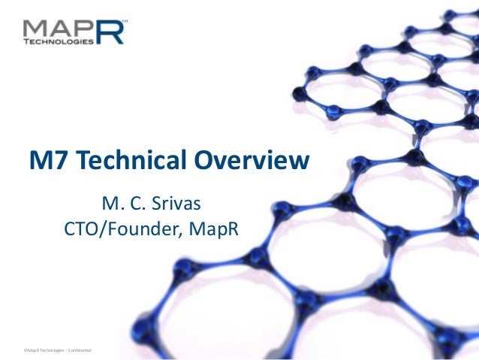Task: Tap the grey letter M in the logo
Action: click(x=38, y=28)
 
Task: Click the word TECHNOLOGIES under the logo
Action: click(x=59, y=43)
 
